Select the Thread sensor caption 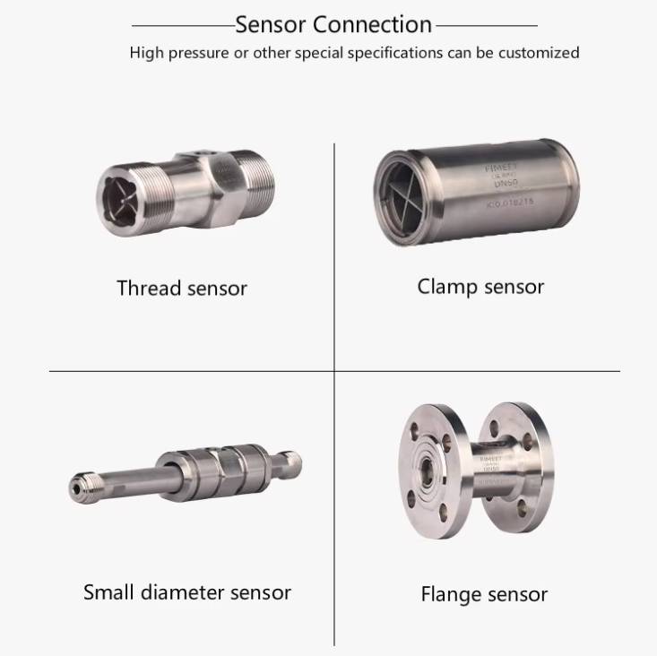[x=182, y=289]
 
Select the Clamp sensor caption [x=480, y=287]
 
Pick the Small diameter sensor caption [x=187, y=592]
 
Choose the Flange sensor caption [x=484, y=594]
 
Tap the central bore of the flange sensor [x=426, y=472]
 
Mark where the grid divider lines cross [x=334, y=370]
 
